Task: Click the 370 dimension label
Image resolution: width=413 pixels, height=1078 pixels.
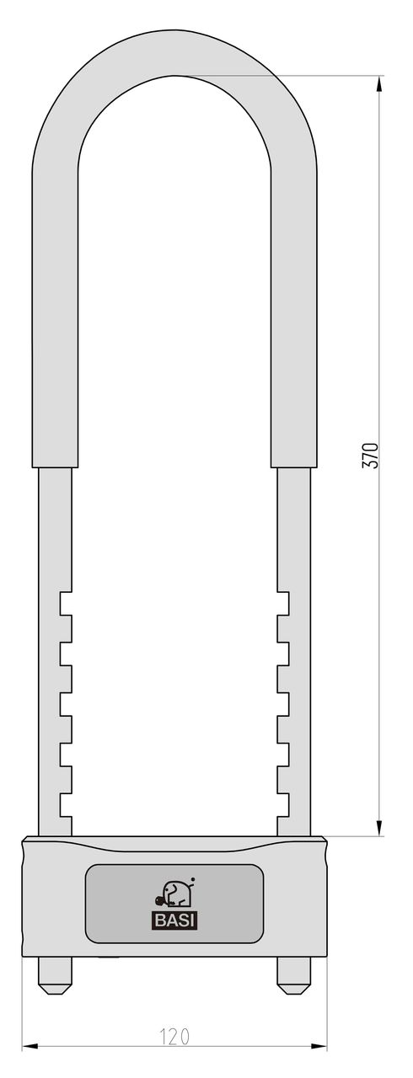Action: tap(371, 454)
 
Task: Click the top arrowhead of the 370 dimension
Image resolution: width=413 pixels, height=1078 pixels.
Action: tap(379, 85)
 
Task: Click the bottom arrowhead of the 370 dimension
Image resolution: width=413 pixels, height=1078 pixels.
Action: tap(379, 827)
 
